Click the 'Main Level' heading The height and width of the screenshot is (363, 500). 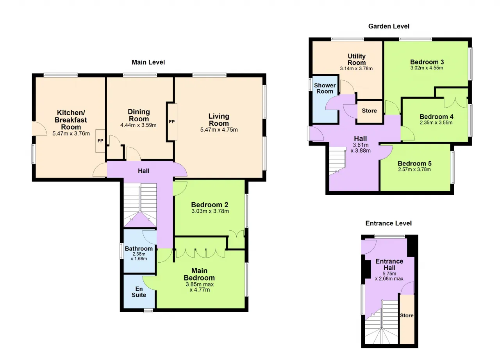(x=148, y=62)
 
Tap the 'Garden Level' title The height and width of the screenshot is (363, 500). (x=389, y=26)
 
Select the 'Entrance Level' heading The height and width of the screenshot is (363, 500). (x=388, y=223)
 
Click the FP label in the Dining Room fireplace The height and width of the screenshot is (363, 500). (x=171, y=122)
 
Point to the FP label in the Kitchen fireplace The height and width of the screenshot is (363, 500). (x=100, y=141)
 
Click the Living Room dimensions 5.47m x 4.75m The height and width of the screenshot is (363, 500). (x=219, y=130)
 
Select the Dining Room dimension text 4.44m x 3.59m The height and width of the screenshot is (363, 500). (x=138, y=125)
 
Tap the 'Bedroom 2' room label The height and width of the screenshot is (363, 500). (x=210, y=205)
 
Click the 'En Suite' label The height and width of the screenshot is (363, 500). (x=139, y=292)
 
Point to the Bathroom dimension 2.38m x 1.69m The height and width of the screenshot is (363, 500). (x=139, y=256)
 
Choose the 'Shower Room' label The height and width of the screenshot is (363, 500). (x=325, y=88)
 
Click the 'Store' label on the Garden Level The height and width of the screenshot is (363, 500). (x=369, y=110)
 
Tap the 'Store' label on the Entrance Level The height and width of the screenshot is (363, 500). (x=407, y=315)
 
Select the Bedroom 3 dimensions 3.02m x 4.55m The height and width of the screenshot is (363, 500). (x=427, y=68)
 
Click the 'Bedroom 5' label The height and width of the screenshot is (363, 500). (x=414, y=164)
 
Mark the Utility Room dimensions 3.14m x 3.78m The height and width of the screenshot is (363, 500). (x=356, y=69)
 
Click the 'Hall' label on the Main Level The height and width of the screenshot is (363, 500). (x=143, y=171)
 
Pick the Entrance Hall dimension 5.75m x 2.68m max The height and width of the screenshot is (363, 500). (x=389, y=276)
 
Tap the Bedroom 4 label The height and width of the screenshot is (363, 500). (x=436, y=117)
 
